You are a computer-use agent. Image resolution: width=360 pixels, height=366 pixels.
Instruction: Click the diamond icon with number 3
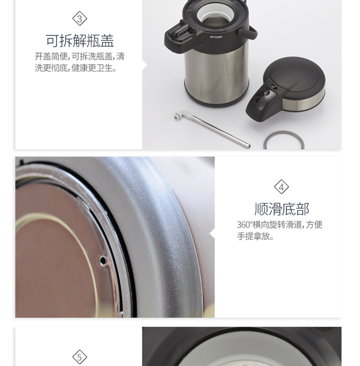click(x=79, y=19)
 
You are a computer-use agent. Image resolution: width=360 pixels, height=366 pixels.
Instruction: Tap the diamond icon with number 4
click(x=281, y=187)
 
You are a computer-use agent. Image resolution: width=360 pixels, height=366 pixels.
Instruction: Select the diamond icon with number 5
click(x=79, y=357)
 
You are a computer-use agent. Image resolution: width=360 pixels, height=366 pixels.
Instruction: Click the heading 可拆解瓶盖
click(x=80, y=41)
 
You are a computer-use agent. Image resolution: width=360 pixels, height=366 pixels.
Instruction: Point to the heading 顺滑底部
click(x=282, y=209)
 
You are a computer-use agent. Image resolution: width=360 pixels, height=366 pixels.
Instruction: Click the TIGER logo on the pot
click(x=216, y=37)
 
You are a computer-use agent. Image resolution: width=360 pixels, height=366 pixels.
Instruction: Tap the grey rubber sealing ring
click(x=283, y=140)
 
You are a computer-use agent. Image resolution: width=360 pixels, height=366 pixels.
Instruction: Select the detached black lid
click(x=285, y=89)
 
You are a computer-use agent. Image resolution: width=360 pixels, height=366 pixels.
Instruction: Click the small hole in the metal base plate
click(x=102, y=260)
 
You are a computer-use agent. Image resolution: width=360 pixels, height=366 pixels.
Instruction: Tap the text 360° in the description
click(x=245, y=225)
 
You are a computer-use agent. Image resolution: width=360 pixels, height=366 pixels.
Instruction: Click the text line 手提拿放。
click(x=255, y=236)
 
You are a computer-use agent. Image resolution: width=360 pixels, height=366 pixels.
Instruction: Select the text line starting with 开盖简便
click(x=80, y=56)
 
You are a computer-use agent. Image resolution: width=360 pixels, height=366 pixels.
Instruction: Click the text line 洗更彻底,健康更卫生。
click(x=76, y=68)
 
